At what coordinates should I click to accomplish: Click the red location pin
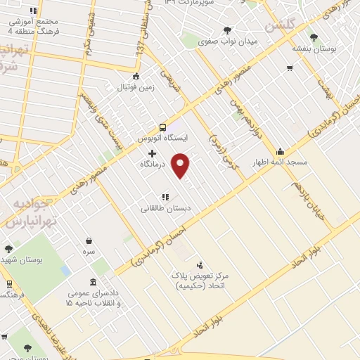[181, 165]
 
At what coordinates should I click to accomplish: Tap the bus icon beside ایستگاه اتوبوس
[163, 127]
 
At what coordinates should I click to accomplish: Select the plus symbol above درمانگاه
[152, 153]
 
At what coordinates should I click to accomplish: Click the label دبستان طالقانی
[167, 208]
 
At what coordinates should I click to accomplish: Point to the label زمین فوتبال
[135, 89]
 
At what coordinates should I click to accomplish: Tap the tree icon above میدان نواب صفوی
[227, 30]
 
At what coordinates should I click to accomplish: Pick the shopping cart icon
[290, 68]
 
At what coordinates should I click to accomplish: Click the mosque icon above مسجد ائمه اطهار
[281, 150]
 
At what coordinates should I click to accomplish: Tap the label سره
[89, 251]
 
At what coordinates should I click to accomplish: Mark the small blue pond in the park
[65, 270]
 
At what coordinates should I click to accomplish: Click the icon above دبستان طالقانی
[166, 197]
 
